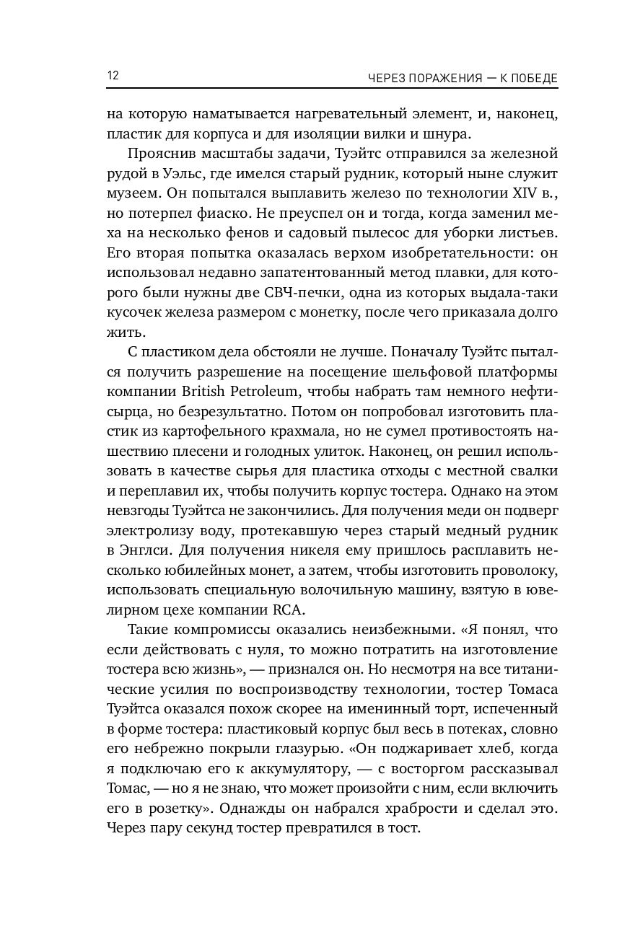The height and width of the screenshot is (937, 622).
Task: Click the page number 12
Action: point(113,76)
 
